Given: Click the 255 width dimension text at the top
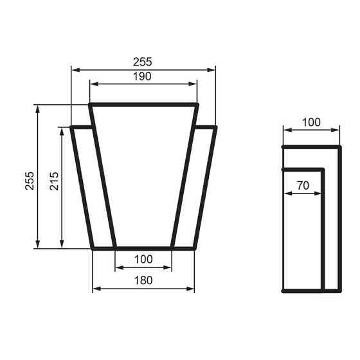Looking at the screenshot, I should click(142, 62).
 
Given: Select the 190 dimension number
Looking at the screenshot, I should click(142, 76).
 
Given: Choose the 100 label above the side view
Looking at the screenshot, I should click(310, 122).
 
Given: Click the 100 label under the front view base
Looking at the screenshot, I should click(143, 259).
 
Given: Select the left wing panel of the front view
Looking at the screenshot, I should click(93, 186).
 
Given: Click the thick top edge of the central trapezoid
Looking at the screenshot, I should click(143, 104).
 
